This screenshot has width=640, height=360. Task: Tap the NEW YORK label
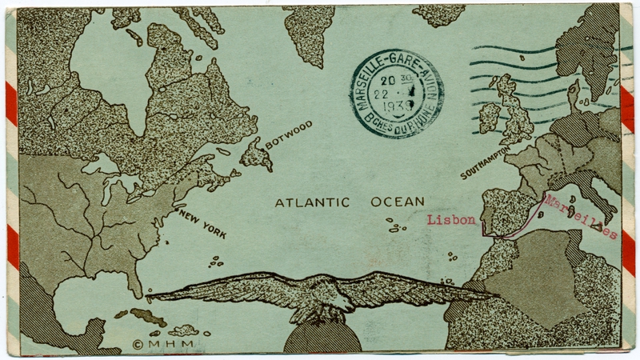pos(202,225)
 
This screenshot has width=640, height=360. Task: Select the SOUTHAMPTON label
pos(486,164)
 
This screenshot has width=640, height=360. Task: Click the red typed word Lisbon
pos(453,219)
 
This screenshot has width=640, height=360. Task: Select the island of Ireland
pos(489,118)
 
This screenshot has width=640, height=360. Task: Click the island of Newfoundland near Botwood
pos(258,152)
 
